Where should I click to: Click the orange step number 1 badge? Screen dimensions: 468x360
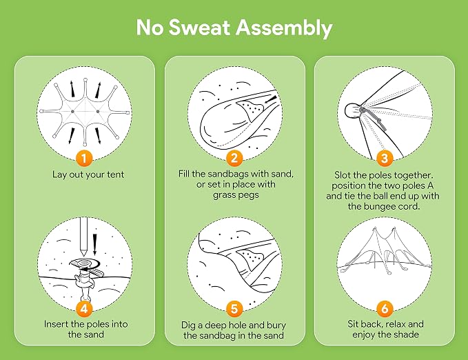pyautogui.click(x=84, y=158)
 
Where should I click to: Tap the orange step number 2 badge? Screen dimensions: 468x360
pyautogui.click(x=234, y=158)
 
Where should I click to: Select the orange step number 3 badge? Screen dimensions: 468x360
pyautogui.click(x=385, y=158)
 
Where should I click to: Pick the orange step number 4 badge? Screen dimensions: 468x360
pyautogui.click(x=84, y=308)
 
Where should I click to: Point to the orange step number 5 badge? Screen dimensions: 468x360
pyautogui.click(x=234, y=308)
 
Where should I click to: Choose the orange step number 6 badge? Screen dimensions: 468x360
pyautogui.click(x=385, y=308)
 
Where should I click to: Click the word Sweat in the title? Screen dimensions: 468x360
pyautogui.click(x=200, y=27)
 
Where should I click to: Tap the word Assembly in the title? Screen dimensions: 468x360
pyautogui.click(x=284, y=29)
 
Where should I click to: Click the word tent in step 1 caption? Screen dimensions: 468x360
pyautogui.click(x=114, y=174)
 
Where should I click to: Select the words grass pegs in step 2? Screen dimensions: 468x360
pyautogui.click(x=236, y=195)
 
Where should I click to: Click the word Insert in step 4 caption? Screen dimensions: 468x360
pyautogui.click(x=56, y=324)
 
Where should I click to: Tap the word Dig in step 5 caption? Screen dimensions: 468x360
pyautogui.click(x=188, y=326)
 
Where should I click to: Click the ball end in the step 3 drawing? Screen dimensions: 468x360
pyautogui.click(x=352, y=111)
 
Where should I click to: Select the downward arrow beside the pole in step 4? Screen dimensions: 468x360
pyautogui.click(x=95, y=245)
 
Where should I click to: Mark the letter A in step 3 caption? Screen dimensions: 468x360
pyautogui.click(x=430, y=186)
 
